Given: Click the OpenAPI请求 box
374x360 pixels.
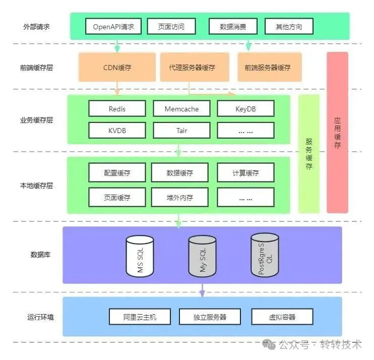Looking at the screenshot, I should (x=113, y=27).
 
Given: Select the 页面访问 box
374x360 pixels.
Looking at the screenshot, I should (x=171, y=27).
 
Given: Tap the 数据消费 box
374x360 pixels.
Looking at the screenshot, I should (x=233, y=27).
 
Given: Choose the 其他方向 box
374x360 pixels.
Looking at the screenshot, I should (x=289, y=27).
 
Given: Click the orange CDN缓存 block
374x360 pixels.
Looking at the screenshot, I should (x=117, y=67).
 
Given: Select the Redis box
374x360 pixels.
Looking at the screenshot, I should (x=117, y=108).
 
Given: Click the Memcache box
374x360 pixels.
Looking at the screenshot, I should (x=181, y=108).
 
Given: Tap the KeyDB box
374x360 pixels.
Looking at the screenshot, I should (x=245, y=108).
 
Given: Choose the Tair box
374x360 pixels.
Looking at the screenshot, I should (x=181, y=131).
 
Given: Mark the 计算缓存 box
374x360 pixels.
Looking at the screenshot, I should (x=245, y=173).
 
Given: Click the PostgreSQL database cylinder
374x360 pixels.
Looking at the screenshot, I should (x=265, y=255).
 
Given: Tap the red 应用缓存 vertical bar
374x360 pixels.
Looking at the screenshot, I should (x=337, y=132).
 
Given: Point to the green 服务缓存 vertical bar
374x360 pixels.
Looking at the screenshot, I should (x=309, y=154).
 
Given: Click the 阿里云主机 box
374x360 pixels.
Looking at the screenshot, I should (x=140, y=317).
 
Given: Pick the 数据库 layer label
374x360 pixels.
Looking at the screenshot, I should (x=40, y=255).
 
